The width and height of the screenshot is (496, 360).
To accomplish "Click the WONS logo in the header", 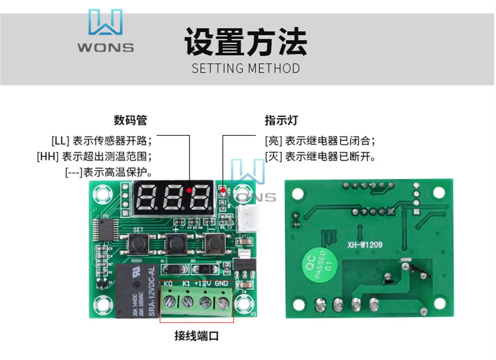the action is click(x=105, y=31).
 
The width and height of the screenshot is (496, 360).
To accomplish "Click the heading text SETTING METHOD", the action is click(x=246, y=68).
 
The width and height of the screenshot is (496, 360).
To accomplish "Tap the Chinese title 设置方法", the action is click(x=246, y=41).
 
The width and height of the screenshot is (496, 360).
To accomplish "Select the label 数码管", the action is click(x=130, y=120).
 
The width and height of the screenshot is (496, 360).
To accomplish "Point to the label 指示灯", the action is click(x=281, y=120).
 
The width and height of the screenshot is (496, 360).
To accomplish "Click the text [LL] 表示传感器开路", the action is click(x=102, y=139).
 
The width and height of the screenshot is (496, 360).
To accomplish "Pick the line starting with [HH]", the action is click(x=94, y=156).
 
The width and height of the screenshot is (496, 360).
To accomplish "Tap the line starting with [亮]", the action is click(x=320, y=139).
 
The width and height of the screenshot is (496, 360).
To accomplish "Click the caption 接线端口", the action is click(x=196, y=336).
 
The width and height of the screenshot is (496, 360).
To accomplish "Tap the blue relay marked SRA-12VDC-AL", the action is click(x=136, y=290).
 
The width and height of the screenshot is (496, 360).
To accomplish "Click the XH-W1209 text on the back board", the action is click(x=365, y=244).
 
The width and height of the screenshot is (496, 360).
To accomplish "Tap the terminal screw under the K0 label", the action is click(x=169, y=301).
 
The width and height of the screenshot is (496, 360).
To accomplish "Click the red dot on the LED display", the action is click(x=189, y=190).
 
